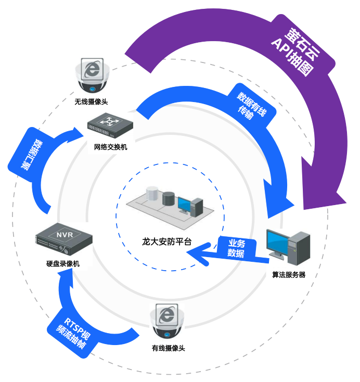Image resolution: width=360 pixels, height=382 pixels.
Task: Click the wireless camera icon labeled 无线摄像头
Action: click(x=93, y=75)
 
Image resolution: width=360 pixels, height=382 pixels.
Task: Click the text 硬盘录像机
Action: click(x=63, y=264)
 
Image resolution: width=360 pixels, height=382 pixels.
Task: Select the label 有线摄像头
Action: click(x=168, y=348)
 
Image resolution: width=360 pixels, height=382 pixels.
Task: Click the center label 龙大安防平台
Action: click(x=167, y=241)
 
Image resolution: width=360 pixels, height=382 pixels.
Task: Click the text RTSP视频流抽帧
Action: click(x=71, y=334)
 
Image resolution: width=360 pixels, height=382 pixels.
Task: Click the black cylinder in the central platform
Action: click(x=169, y=199)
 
